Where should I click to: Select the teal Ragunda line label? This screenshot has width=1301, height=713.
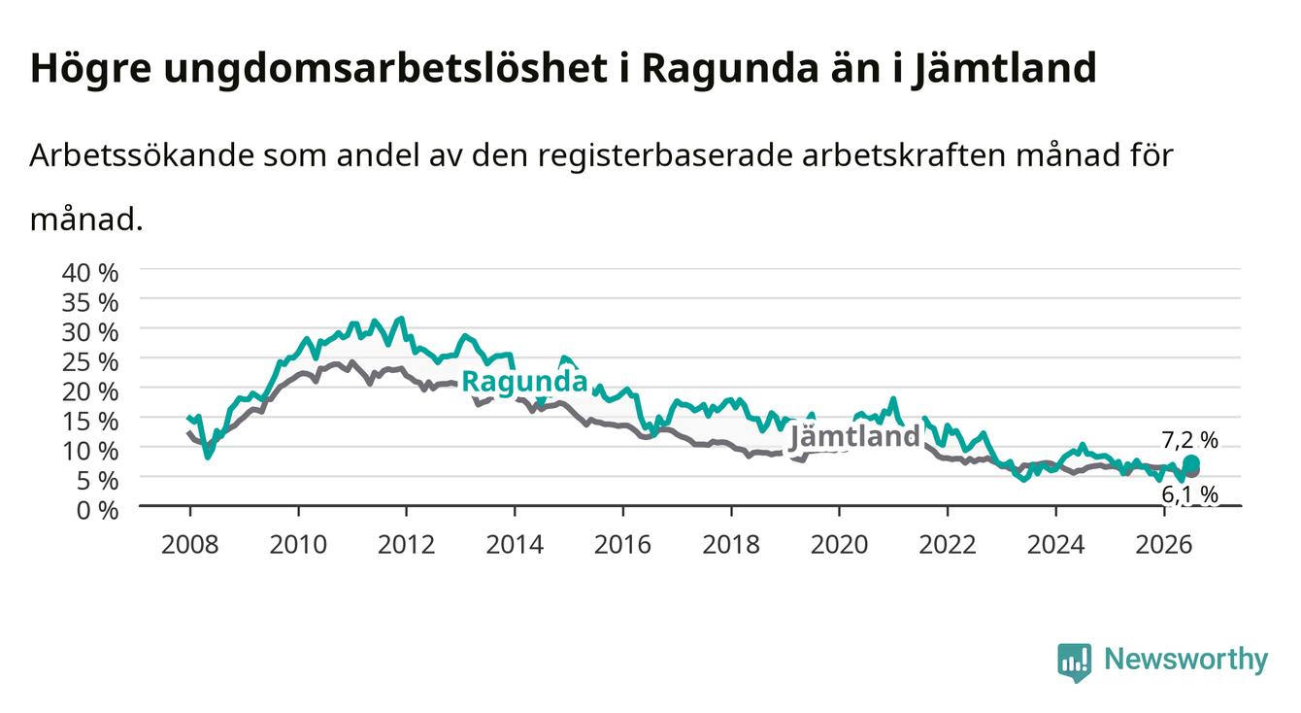click(x=524, y=382)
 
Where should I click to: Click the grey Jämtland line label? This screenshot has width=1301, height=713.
click(x=854, y=436)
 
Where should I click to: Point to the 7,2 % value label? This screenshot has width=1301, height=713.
click(x=1189, y=440)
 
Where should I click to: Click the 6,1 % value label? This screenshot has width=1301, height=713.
click(x=1189, y=493)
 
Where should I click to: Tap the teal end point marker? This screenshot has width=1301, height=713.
click(x=1191, y=463)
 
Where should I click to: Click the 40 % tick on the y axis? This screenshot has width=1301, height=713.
click(x=90, y=273)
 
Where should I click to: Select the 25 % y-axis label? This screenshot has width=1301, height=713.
click(x=90, y=362)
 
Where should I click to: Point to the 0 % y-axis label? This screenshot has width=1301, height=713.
click(x=97, y=510)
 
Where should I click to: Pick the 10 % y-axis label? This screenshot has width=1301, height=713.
click(x=90, y=451)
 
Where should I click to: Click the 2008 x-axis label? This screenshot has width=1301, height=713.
click(x=190, y=545)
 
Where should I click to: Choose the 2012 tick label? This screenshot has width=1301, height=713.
click(x=407, y=545)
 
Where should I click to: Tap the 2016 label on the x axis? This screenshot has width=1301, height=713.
click(x=622, y=545)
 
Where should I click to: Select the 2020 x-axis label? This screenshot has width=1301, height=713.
click(x=839, y=545)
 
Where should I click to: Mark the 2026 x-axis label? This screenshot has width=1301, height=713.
click(x=1164, y=545)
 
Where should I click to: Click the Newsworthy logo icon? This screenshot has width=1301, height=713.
click(x=1075, y=662)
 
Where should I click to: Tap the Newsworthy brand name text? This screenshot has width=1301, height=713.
click(x=1186, y=660)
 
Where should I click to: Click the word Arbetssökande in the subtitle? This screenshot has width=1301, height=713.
click(x=142, y=155)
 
